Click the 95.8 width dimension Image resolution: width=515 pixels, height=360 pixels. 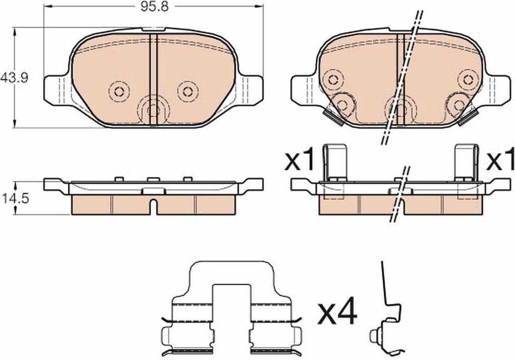coord(154,7)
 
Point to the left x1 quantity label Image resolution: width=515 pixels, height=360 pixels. coord(300,159)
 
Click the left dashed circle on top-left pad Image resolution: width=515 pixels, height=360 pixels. coord(119,91)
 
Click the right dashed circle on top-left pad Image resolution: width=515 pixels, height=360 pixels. coord(188,91)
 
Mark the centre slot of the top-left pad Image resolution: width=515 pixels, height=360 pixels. coord(153,79)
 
